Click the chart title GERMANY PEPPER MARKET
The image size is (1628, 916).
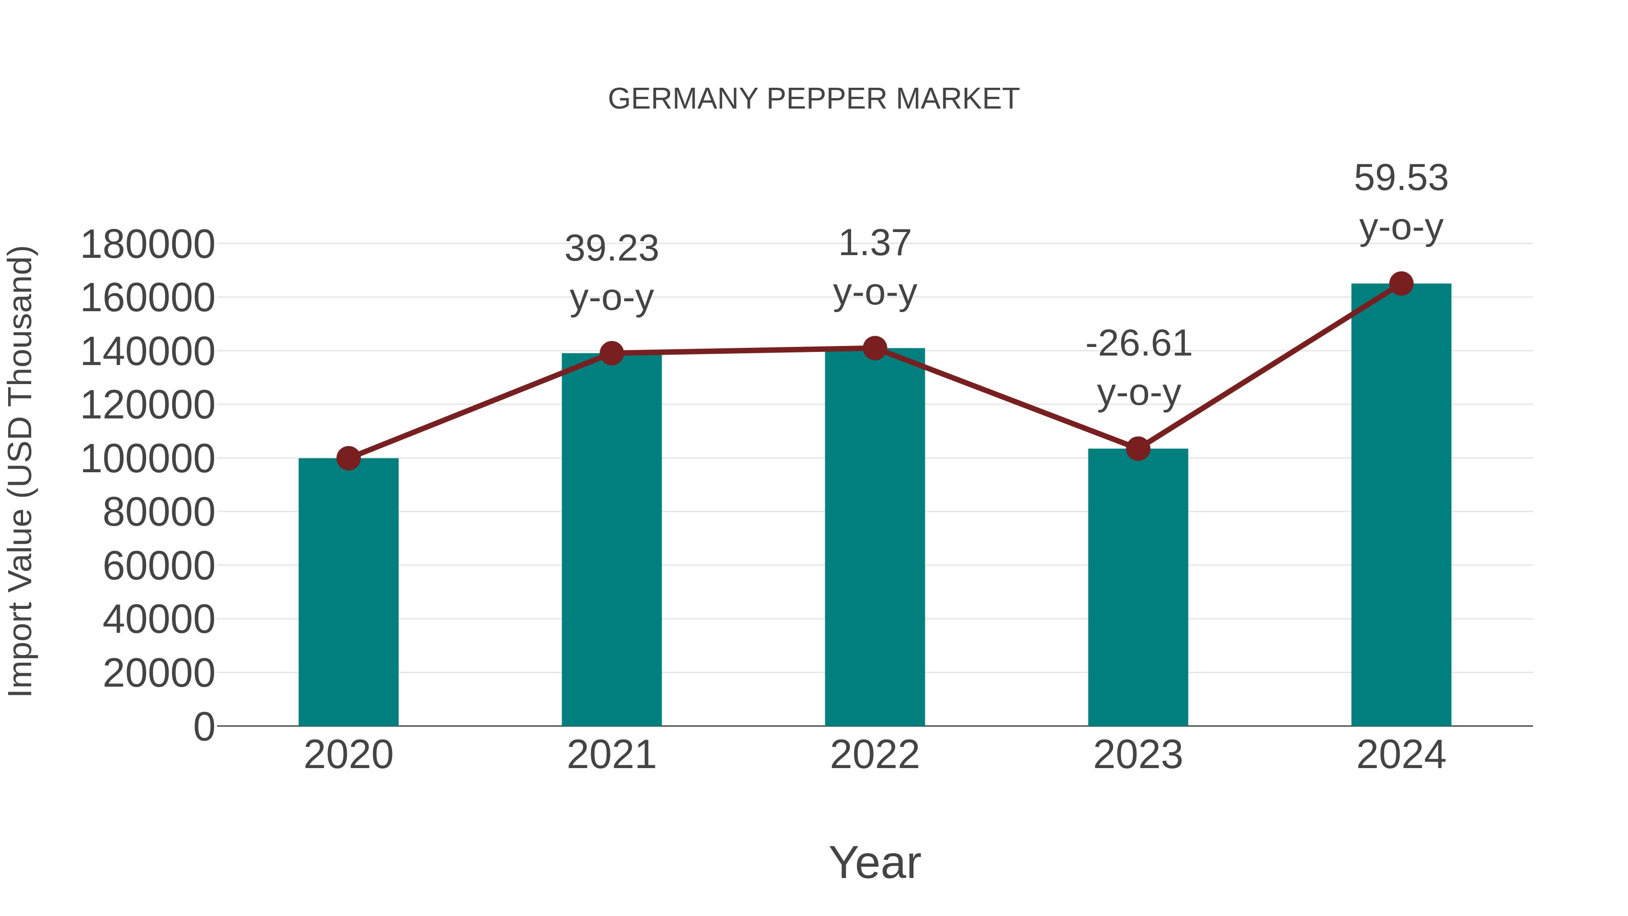pyautogui.click(x=814, y=99)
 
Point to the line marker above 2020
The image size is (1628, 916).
pyautogui.click(x=348, y=458)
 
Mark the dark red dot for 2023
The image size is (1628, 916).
pyautogui.click(x=1138, y=449)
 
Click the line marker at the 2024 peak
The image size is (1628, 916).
pyautogui.click(x=1401, y=284)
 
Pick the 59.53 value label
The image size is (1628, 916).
pyautogui.click(x=1401, y=178)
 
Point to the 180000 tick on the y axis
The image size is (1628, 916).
pyautogui.click(x=147, y=245)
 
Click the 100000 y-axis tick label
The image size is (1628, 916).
pyautogui.click(x=147, y=460)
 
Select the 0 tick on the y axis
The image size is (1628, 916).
pyautogui.click(x=203, y=727)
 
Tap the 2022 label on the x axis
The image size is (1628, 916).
pyautogui.click(x=875, y=755)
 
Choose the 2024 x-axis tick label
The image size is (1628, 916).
pyautogui.click(x=1401, y=755)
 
